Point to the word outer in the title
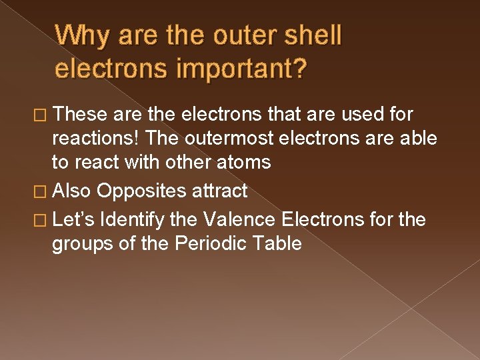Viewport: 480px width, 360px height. point(235,35)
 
